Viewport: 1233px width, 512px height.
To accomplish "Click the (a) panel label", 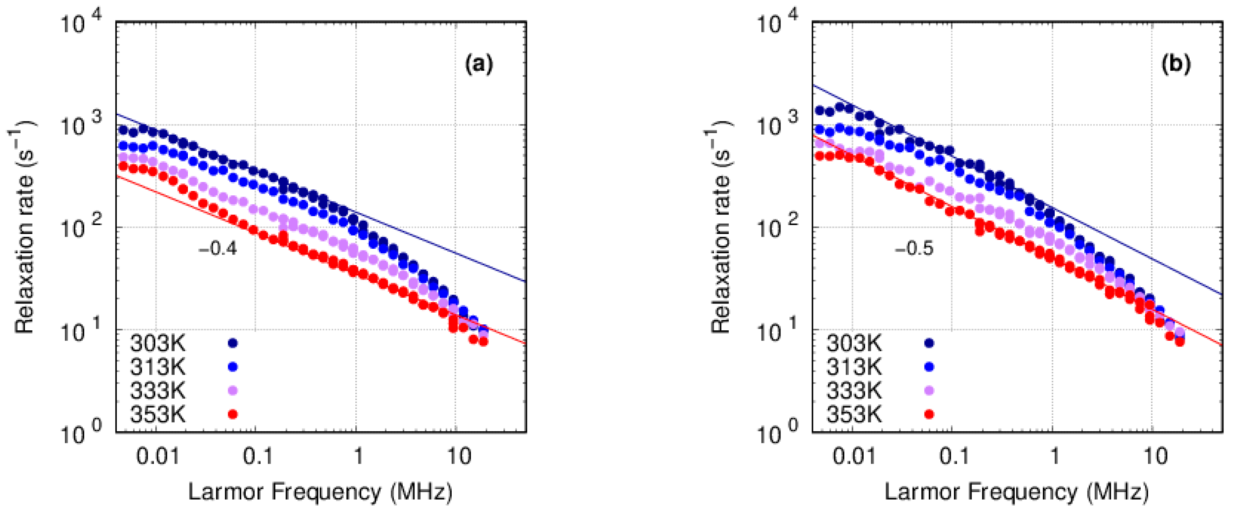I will (x=479, y=64).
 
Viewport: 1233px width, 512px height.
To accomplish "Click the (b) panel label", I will (x=1176, y=64).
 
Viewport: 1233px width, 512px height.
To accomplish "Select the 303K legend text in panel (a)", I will (x=157, y=343).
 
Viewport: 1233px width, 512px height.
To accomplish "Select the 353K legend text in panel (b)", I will (x=854, y=414).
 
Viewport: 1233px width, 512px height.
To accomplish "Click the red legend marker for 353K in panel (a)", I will (x=232, y=414).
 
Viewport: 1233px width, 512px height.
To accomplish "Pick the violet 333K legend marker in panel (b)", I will (x=929, y=390).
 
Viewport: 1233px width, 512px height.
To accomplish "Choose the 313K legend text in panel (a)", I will (x=157, y=367).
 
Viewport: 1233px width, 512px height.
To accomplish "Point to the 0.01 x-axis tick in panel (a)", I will (x=157, y=457).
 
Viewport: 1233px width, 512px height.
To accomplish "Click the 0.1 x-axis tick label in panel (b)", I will (x=954, y=457).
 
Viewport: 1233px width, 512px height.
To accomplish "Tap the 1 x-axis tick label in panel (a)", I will (x=358, y=457).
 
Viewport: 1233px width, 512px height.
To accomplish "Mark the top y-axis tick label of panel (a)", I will (x=82, y=23).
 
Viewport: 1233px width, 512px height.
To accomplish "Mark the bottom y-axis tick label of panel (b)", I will (x=778, y=432).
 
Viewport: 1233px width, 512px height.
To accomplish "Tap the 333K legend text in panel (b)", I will (x=854, y=390).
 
